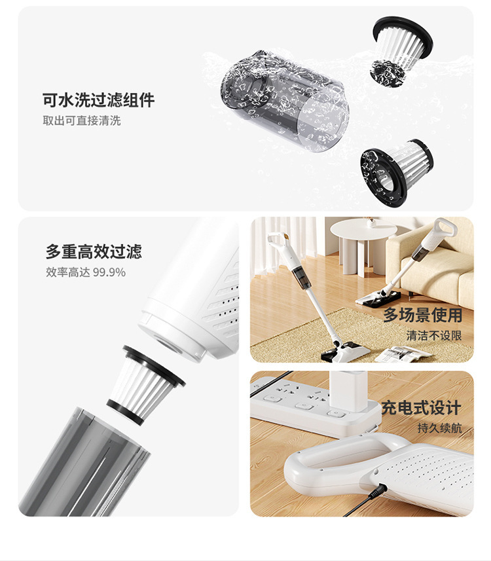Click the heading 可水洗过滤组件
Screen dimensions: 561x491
99,100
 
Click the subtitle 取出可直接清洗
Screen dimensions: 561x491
82,120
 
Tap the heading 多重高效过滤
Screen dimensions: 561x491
94,251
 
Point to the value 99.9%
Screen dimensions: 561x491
109,272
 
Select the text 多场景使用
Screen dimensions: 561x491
423,315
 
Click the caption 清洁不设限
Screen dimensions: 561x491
434,335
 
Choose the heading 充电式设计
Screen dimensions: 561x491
422,408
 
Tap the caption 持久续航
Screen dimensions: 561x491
439,428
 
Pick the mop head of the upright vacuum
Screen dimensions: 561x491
345,352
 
